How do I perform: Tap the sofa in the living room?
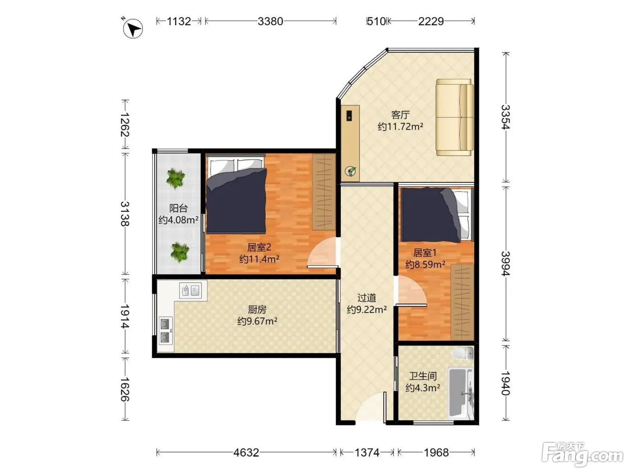(x=454, y=118)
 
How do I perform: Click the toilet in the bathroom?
(x=462, y=353)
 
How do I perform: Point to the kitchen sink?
(x=190, y=291)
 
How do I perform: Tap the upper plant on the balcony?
(x=175, y=178)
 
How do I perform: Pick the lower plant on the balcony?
(x=180, y=252)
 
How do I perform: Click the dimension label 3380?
(x=270, y=21)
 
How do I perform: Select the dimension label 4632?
(x=246, y=453)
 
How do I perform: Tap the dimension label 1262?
(x=125, y=125)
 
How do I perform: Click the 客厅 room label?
(x=400, y=115)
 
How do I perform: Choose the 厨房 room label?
(x=257, y=309)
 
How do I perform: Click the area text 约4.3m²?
(x=423, y=388)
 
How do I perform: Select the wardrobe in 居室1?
(x=462, y=302)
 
